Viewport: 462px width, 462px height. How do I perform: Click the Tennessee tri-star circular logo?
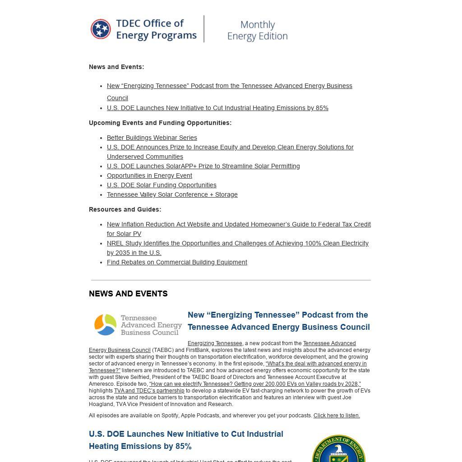(101, 29)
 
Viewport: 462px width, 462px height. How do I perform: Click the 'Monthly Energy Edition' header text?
(257, 30)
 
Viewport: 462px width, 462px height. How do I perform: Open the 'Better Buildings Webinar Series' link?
(152, 138)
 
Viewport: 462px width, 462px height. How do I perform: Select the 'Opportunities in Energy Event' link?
(149, 176)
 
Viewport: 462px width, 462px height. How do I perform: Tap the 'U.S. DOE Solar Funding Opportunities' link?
(162, 185)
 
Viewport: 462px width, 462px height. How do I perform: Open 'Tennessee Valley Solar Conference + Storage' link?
(172, 194)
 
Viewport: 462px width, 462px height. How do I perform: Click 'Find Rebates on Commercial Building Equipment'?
(177, 262)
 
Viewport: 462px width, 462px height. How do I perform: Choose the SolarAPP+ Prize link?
(203, 166)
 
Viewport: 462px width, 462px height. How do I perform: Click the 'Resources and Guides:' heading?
(125, 209)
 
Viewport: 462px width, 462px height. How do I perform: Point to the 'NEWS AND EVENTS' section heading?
(128, 294)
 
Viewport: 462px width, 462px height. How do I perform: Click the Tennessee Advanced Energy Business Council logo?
(138, 325)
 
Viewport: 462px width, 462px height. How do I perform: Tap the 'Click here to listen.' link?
(337, 416)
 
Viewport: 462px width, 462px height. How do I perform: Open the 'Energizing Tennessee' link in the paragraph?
(215, 343)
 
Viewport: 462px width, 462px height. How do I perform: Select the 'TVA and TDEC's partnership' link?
(149, 391)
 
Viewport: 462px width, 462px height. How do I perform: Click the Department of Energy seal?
(338, 449)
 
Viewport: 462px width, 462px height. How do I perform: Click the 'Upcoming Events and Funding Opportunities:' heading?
(160, 123)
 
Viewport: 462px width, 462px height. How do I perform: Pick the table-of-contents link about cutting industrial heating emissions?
(217, 108)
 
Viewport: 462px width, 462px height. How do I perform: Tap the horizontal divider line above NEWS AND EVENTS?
(231, 280)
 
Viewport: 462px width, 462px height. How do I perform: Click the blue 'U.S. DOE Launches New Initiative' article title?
(186, 440)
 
